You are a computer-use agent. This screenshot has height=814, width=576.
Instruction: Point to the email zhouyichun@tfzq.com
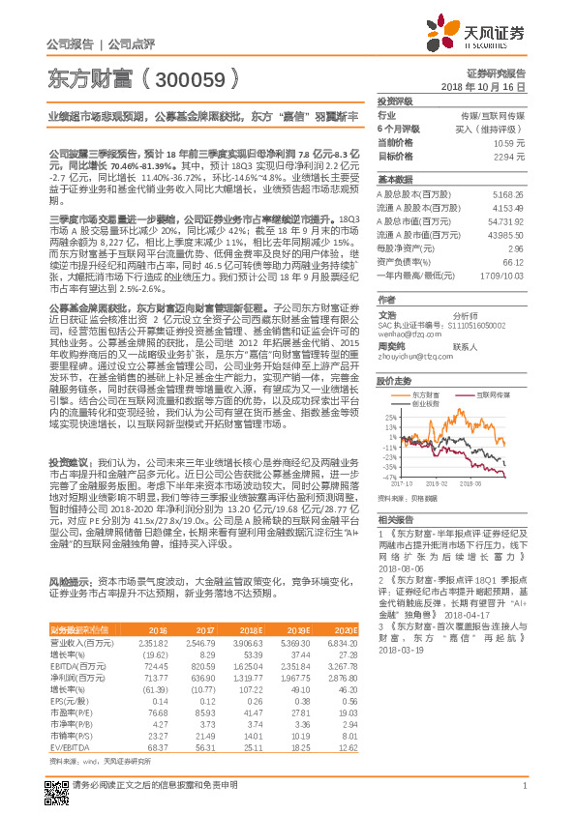412,356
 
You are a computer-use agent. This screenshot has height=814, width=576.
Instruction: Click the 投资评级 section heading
395,101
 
